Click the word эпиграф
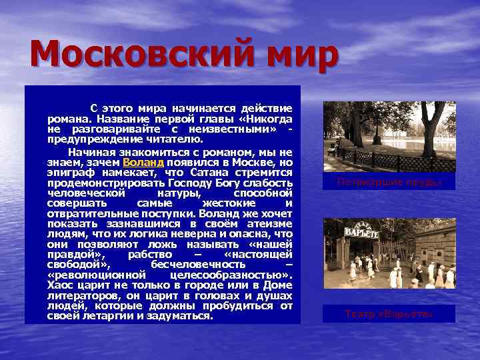point(69,172)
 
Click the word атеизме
point(273,223)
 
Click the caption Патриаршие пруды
point(389,181)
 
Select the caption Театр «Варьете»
point(389,313)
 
